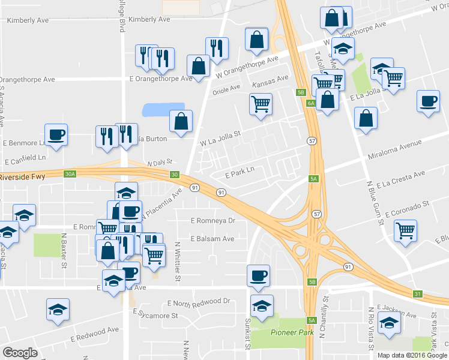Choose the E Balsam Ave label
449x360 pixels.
[212, 238]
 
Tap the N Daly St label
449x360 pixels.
[160, 163]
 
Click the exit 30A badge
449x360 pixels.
[70, 174]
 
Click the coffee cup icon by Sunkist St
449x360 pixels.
[259, 275]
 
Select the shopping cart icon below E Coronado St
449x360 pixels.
[406, 230]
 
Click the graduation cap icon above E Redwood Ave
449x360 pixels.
[57, 310]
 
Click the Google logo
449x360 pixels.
[20, 353]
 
